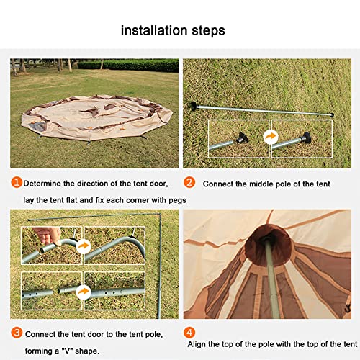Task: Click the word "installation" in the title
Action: pyautogui.click(x=154, y=30)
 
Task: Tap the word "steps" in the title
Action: pyautogui.click(x=208, y=32)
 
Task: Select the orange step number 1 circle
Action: pyautogui.click(x=17, y=182)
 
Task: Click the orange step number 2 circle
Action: pyautogui.click(x=189, y=182)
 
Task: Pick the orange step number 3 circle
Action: pyautogui.click(x=17, y=333)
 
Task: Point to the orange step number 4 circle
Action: pyautogui.click(x=189, y=333)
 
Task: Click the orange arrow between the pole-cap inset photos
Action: pyautogui.click(x=271, y=137)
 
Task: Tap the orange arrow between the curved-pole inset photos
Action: pyautogui.click(x=84, y=246)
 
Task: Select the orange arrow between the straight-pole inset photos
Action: pyautogui.click(x=84, y=292)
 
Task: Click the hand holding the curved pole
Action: pyautogui.click(x=48, y=235)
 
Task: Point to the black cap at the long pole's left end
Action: pyautogui.click(x=194, y=106)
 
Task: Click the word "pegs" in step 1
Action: pyautogui.click(x=177, y=201)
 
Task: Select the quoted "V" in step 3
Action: pyautogui.click(x=67, y=351)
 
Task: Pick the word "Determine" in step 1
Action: pyautogui.click(x=42, y=184)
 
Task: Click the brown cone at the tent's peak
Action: pyautogui.click(x=269, y=246)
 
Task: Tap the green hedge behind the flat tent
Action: pyautogui.click(x=128, y=65)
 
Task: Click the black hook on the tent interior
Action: pyautogui.click(x=348, y=307)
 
